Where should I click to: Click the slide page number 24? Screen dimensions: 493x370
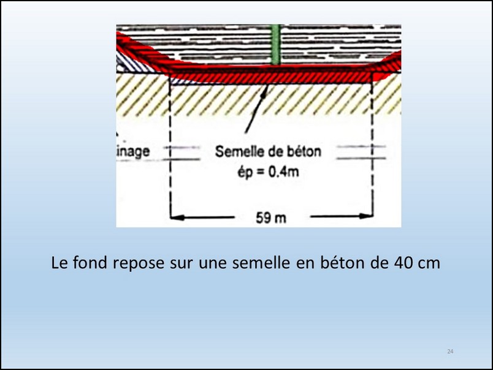450,352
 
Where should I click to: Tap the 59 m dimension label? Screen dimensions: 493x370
271,218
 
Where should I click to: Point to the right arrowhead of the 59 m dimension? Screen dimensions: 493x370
366,216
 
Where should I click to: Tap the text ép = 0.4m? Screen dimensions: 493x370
268,172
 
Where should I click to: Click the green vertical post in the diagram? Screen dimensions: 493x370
275,45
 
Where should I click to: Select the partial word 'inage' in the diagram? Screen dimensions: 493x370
133,152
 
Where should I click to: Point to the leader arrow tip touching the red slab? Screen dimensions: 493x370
267,86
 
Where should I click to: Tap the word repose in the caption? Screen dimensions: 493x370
139,264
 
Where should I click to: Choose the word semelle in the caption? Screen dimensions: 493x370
261,263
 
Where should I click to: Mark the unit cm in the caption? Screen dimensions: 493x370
429,265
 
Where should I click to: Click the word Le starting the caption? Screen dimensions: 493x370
59,263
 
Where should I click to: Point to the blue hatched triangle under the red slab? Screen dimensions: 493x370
181,81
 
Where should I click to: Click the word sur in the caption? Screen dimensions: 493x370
182,265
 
